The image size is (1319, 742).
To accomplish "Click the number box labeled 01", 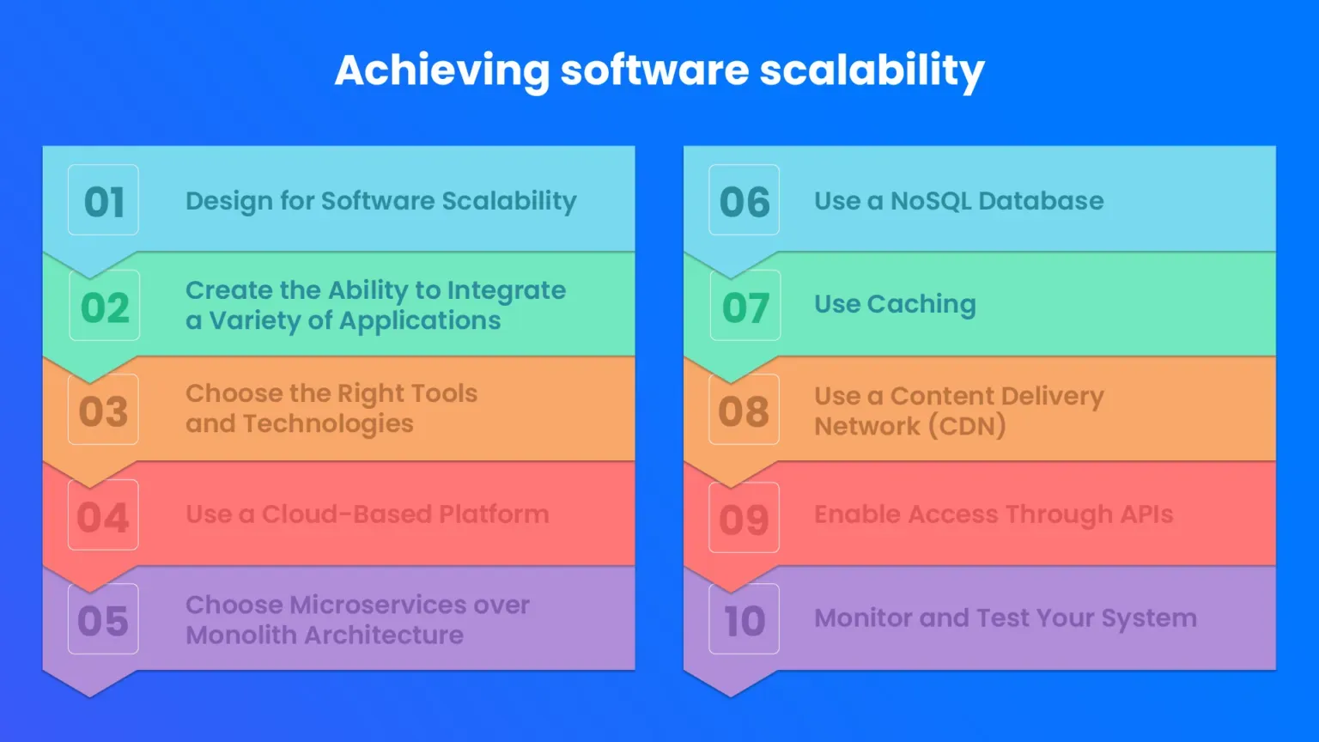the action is coord(103,199).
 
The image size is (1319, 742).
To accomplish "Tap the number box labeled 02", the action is coord(104,305).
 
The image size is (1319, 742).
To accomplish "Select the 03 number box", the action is coord(103,410).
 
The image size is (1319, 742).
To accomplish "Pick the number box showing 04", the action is coord(103,514).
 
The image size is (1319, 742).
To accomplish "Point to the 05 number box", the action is coord(103,619).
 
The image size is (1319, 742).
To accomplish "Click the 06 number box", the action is coord(745,199).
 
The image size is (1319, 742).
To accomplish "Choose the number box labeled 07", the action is coord(745,305).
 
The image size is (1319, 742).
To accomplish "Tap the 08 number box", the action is coord(745,410).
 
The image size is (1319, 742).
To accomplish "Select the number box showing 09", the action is coord(745,517).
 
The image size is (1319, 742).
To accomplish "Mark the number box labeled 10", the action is coord(745,619).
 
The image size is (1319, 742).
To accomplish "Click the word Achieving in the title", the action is coord(442,72).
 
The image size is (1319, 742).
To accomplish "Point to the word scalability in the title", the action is coord(872,72).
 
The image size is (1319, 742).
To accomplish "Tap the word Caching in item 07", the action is coord(921,305).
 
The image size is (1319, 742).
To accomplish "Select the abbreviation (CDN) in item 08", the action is coord(968,426).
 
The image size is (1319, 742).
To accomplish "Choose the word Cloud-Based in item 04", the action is coord(346,514).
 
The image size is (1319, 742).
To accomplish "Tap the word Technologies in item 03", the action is coord(329,424).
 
